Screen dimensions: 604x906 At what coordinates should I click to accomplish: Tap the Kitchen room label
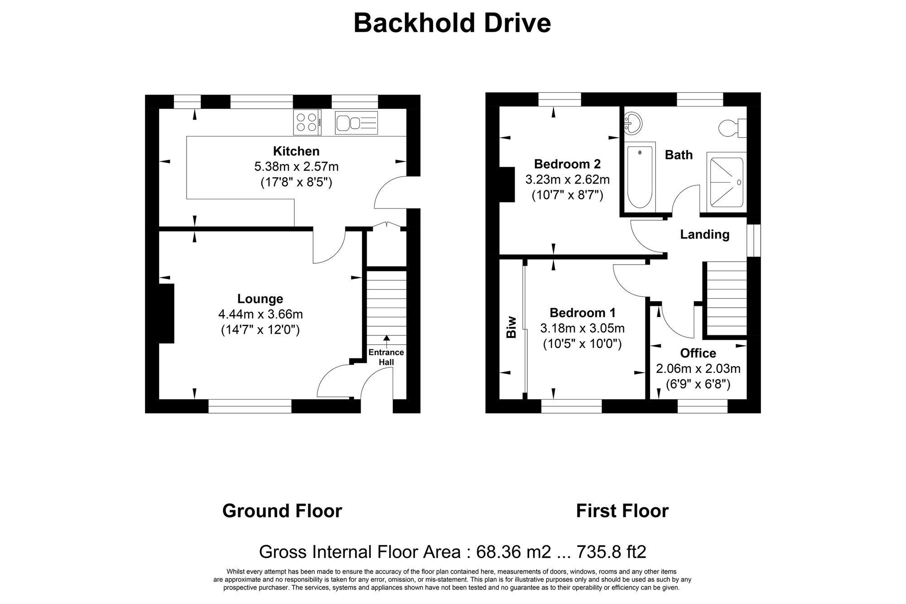pos(296,151)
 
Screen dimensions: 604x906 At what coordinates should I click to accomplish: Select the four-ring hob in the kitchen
pos(307,122)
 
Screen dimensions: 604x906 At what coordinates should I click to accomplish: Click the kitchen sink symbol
pos(356,122)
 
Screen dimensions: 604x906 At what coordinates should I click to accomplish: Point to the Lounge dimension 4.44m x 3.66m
pos(260,314)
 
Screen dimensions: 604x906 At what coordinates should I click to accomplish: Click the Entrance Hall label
pos(386,357)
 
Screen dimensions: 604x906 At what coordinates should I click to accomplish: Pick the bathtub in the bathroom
pos(640,177)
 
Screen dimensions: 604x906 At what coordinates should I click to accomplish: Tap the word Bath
pos(679,155)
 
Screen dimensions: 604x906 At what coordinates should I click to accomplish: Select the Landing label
pos(705,234)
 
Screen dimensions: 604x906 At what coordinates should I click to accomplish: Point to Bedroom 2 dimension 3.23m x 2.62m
pos(567,179)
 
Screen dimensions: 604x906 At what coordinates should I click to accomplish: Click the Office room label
pos(698,353)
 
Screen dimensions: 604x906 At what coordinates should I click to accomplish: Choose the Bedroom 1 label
pos(582,313)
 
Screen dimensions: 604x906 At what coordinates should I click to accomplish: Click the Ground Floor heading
pos(282,511)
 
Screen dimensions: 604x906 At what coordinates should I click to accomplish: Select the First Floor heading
pos(622,511)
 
